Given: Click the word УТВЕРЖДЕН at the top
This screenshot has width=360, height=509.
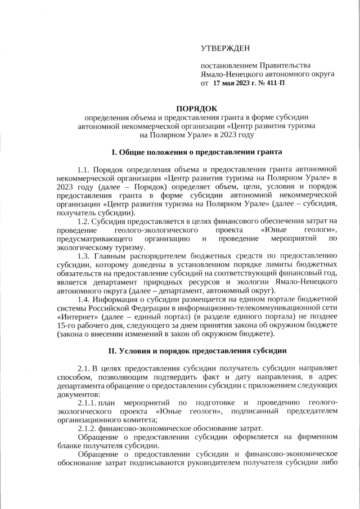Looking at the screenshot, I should [226, 50].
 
